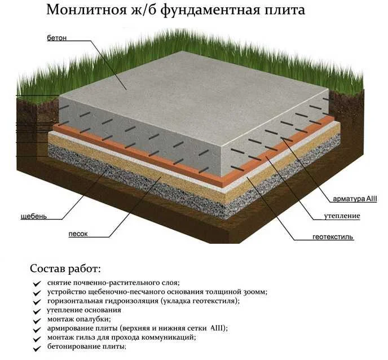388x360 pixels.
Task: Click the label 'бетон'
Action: click(x=58, y=38)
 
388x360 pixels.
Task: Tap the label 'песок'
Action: click(x=78, y=234)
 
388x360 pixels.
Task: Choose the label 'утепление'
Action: click(x=342, y=216)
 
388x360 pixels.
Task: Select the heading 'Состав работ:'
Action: click(x=65, y=267)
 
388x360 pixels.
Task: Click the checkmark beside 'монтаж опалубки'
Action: click(x=37, y=319)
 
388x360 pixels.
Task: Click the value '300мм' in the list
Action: click(x=252, y=292)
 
